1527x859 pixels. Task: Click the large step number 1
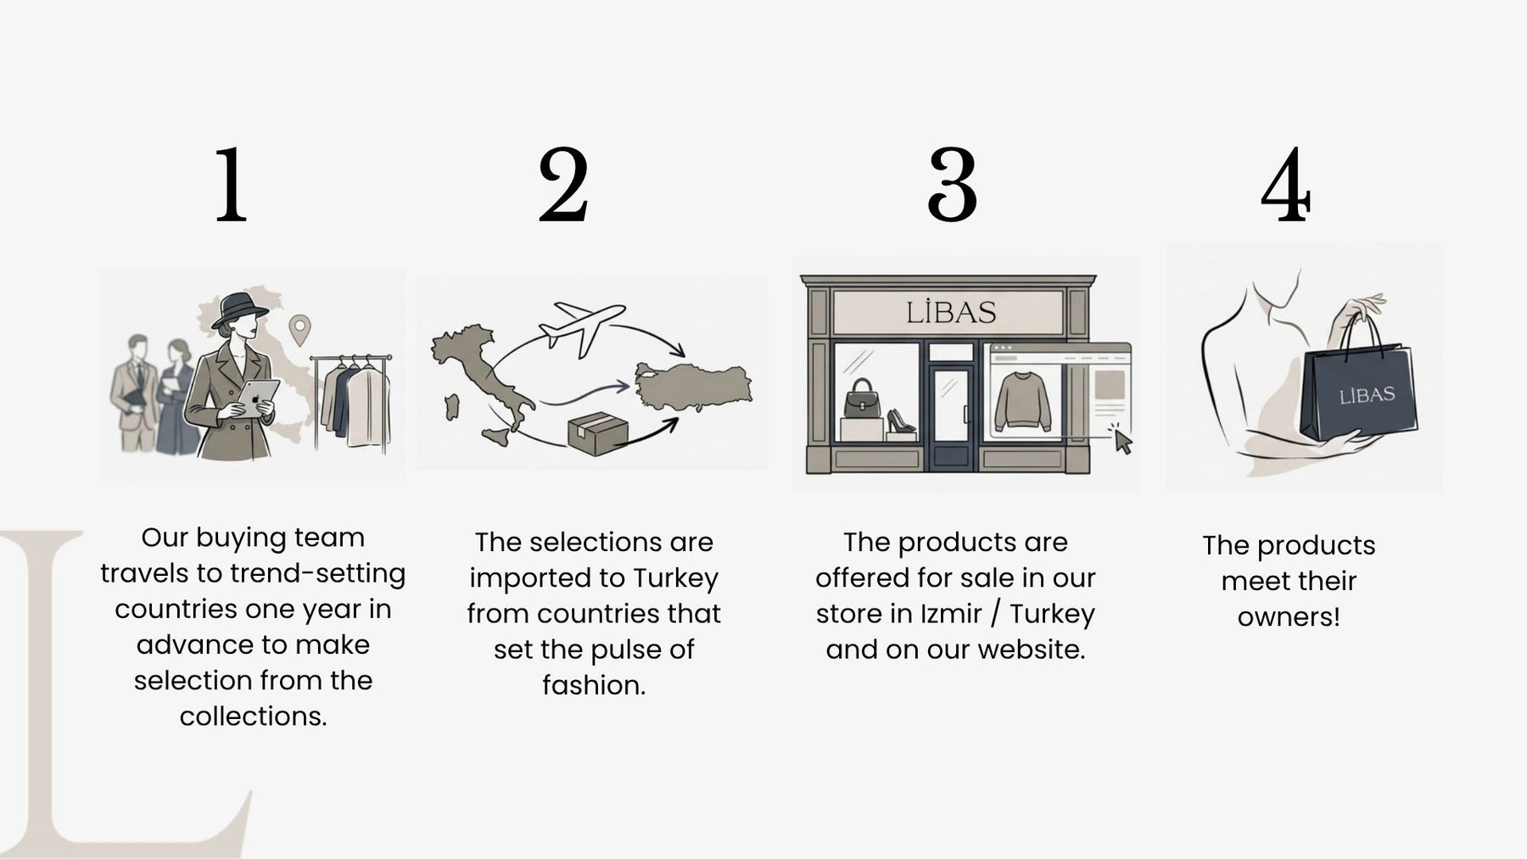[x=231, y=184]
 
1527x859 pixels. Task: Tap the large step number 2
[x=563, y=184]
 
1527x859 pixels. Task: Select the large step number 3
[x=952, y=184]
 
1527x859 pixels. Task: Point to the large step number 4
[x=1286, y=184]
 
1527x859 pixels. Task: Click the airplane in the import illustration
[x=582, y=326]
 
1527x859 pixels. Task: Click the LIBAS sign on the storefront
[x=950, y=312]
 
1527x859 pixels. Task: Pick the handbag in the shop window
[x=863, y=401]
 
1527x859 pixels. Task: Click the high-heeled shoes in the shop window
[x=900, y=421]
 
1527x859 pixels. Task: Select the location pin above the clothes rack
[x=299, y=329]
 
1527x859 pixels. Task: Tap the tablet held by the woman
[x=258, y=396]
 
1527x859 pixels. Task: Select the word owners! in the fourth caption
[x=1289, y=616]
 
